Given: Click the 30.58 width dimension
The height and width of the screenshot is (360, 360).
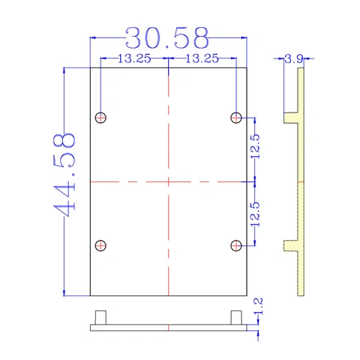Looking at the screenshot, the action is pyautogui.click(x=166, y=38).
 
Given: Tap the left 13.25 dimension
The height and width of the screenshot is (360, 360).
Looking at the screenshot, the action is pyautogui.click(x=134, y=58).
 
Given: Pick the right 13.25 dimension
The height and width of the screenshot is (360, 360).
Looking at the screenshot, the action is pyautogui.click(x=202, y=58).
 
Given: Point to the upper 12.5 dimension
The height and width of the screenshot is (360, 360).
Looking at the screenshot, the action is pyautogui.click(x=255, y=146).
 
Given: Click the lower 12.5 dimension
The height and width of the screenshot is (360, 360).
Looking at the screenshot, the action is pyautogui.click(x=255, y=214).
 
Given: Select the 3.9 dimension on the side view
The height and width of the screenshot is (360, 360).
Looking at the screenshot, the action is pyautogui.click(x=294, y=59).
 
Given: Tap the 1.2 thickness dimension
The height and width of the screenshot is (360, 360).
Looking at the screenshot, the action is pyautogui.click(x=258, y=306).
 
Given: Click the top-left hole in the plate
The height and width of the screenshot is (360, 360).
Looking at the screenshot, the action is pyautogui.click(x=100, y=118).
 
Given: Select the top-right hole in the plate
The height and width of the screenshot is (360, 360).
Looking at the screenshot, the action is pyautogui.click(x=236, y=118).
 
